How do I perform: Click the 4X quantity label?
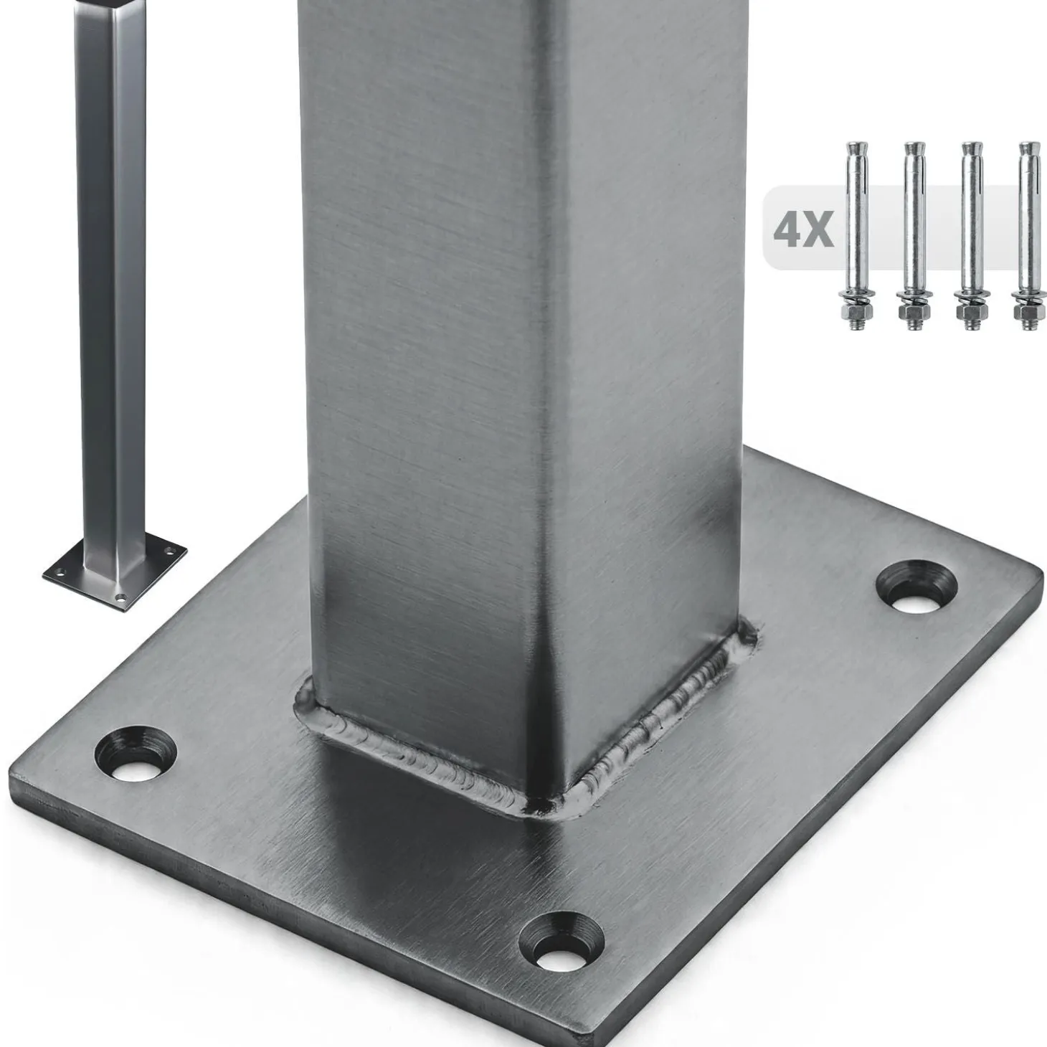[803, 229]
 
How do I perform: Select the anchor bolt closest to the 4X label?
[857, 237]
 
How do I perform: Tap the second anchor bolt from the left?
[914, 237]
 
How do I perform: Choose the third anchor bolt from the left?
[972, 237]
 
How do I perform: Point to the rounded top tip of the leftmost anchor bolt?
[857, 146]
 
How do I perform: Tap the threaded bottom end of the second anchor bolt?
[914, 325]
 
